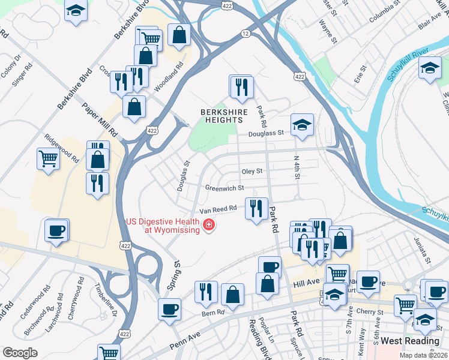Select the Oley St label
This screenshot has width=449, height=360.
252,171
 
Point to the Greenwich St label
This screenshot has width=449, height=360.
225,188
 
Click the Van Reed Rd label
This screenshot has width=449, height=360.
218,209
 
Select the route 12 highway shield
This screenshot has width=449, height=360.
246,34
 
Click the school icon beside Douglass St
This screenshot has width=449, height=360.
303,125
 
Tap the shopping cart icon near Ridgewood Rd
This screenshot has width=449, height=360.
48,160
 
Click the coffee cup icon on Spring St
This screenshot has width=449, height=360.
170,309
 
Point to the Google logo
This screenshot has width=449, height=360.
20,353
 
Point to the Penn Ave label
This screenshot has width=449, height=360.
185,341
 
